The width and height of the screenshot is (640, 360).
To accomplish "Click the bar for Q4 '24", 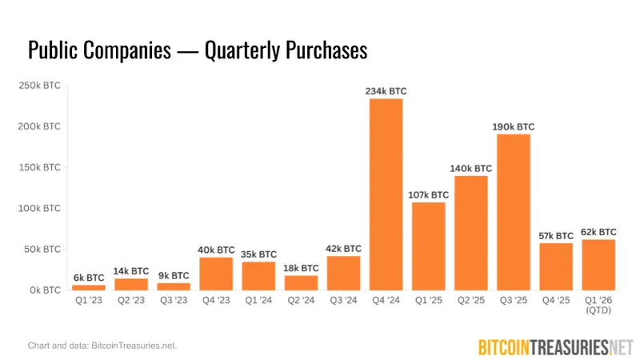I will click(x=386, y=194).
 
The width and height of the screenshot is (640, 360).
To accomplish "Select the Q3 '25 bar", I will click(x=514, y=212).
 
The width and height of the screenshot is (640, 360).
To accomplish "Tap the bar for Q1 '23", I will click(x=88, y=287).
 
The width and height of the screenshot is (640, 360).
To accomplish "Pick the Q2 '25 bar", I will click(x=471, y=232).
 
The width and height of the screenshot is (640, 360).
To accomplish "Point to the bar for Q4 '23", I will click(x=216, y=274).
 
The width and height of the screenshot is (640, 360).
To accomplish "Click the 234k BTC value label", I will click(x=386, y=91).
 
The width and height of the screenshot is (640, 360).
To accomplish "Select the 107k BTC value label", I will click(x=428, y=194).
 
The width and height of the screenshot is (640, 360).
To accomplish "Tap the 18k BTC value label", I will click(x=301, y=268).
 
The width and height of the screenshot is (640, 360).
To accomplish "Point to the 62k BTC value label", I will click(x=598, y=231).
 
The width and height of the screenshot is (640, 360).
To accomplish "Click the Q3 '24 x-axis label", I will click(x=343, y=302).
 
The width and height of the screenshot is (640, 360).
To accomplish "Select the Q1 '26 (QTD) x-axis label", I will click(x=598, y=306).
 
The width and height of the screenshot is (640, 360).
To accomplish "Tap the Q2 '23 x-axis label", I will click(x=130, y=302).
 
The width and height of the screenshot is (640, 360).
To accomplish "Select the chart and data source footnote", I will click(x=102, y=346).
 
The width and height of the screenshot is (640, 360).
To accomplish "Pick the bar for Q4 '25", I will click(x=556, y=266).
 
